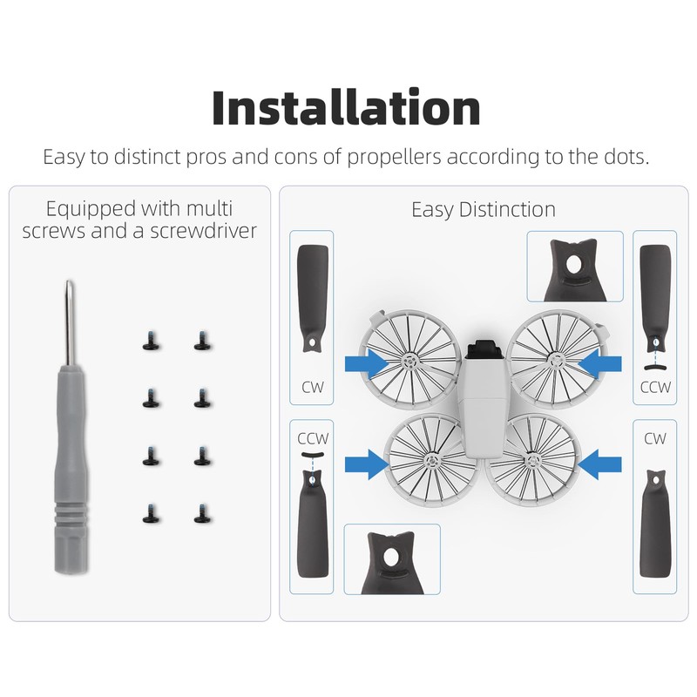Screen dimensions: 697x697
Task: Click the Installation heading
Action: (347, 107)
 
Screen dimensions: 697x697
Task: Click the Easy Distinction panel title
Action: (483, 209)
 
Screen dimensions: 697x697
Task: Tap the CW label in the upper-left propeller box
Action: (311, 386)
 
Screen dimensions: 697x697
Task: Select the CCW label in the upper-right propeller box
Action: (654, 386)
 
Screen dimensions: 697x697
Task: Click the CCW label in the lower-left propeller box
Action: (311, 438)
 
